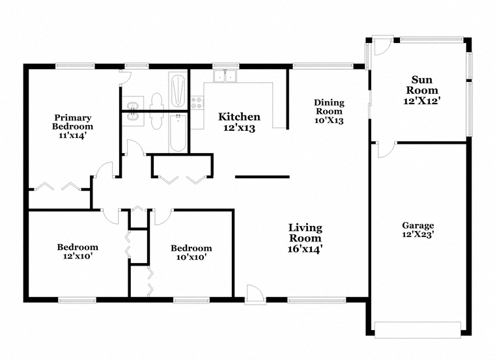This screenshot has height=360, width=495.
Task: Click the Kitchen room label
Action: pos(239,117)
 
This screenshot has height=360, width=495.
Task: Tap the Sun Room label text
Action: pos(422,85)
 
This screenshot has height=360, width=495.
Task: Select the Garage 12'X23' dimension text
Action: pos(418,235)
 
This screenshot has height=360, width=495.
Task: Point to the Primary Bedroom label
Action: pos(72,122)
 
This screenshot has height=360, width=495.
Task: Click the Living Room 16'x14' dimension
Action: pos(305,249)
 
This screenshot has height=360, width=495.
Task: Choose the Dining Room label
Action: pos(329,107)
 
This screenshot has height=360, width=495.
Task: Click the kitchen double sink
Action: pos(225,76)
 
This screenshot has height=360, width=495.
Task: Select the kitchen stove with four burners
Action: pos(197,103)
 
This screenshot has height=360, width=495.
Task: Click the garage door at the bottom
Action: pos(417,330)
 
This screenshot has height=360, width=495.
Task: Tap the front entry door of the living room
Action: pos(255,295)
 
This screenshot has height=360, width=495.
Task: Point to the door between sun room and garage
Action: pos(387,150)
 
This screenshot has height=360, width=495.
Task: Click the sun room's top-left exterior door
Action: pos(382,46)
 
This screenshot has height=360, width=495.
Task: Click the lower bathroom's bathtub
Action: pos(178,133)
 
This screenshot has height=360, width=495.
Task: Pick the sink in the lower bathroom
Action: pos(133,118)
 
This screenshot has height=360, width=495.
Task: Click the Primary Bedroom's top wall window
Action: pos(75,66)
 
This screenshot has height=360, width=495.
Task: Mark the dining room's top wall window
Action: pos(322,66)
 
